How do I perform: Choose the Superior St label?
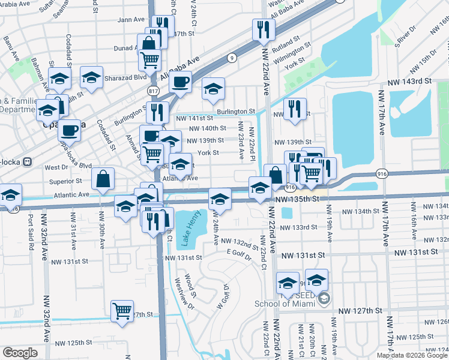tap(65, 181)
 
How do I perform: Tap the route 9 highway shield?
tap(231, 58)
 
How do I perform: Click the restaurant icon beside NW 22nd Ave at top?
tap(264, 29)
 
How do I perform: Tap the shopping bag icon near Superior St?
tap(103, 178)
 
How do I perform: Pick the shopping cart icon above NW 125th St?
tap(122, 311)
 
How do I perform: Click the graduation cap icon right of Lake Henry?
tap(220, 198)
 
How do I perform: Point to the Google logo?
tap(20, 353)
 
